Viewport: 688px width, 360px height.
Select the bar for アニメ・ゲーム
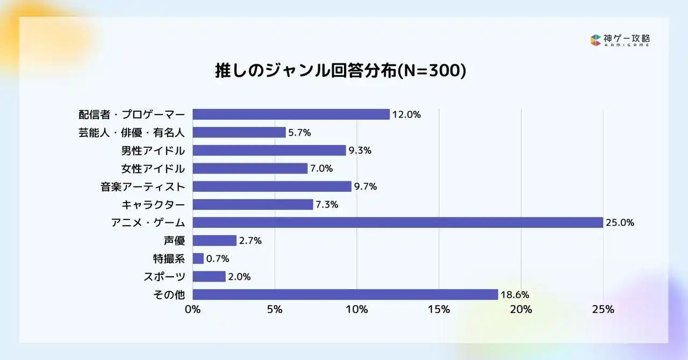[397, 222]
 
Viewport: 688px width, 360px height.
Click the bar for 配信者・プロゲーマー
[291, 114]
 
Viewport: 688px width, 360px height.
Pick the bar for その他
[345, 294]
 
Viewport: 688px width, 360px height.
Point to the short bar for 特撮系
[198, 258]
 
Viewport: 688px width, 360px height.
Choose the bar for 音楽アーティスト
[272, 186]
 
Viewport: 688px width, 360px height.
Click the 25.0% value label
[620, 222]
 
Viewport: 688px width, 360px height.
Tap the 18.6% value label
[515, 294]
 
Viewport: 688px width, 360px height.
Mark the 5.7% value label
[299, 133]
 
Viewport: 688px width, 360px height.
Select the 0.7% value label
[218, 258]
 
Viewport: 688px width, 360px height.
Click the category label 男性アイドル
[153, 150]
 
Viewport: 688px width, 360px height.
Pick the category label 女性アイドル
[153, 169]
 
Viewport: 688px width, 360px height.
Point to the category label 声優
[174, 241]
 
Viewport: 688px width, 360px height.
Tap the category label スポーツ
[164, 277]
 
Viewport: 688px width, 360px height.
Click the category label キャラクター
[153, 205]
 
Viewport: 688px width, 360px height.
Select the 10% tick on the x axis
[357, 309]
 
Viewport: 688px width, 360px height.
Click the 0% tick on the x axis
[192, 309]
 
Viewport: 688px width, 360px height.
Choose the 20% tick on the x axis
[521, 309]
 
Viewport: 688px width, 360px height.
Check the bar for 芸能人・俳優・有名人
[239, 132]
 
